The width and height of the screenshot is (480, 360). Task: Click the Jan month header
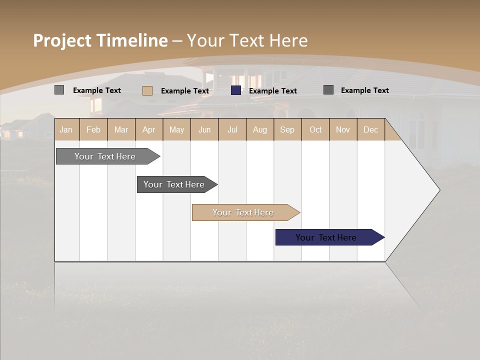click(66, 130)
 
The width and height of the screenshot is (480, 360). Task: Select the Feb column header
click(93, 130)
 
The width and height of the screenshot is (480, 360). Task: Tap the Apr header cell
click(148, 130)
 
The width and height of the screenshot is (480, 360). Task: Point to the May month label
click(176, 130)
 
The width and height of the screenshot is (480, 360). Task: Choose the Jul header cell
click(232, 130)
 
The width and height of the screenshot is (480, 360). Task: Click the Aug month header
click(259, 130)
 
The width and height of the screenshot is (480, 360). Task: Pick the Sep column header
click(287, 130)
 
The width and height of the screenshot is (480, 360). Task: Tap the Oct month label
click(315, 130)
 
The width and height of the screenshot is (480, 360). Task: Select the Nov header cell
click(342, 130)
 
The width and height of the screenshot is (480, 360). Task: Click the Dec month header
click(370, 130)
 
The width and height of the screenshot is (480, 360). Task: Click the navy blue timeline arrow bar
click(327, 237)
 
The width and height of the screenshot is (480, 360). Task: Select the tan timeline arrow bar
click(243, 212)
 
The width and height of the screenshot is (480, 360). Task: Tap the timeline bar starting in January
click(105, 156)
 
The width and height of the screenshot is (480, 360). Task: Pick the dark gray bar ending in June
click(174, 184)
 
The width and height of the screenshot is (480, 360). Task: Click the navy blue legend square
click(236, 90)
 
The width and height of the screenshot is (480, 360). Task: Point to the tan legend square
click(147, 90)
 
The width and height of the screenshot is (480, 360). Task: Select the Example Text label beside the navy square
click(273, 91)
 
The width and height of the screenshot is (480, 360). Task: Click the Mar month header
click(121, 130)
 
